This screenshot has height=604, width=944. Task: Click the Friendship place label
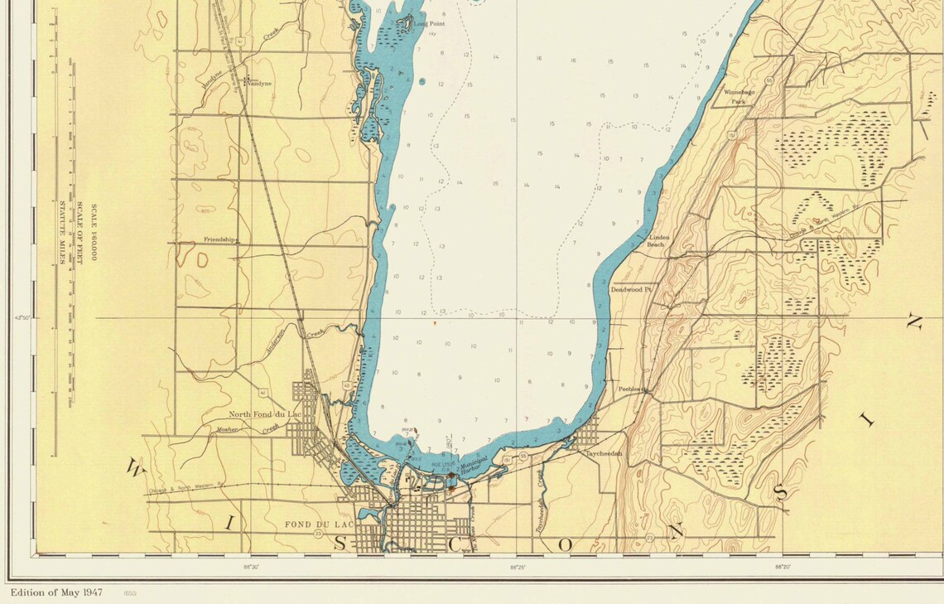(220, 239)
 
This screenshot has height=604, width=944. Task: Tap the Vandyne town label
(258, 84)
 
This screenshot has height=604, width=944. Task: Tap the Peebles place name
(631, 389)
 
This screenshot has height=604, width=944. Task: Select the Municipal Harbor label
(471, 466)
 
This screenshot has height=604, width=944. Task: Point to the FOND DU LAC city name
(314, 524)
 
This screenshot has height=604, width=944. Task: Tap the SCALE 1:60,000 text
(94, 233)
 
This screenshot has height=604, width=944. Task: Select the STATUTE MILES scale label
(61, 232)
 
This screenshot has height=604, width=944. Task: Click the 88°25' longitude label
(517, 568)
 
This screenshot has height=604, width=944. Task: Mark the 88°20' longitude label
(782, 568)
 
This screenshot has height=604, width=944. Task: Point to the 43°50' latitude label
(22, 317)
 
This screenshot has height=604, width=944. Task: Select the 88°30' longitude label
(251, 568)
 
